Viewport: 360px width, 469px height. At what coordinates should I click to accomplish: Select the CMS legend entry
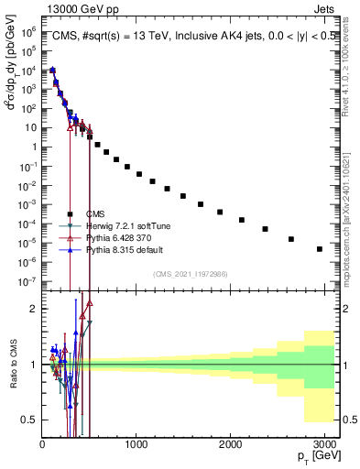coord(109,213)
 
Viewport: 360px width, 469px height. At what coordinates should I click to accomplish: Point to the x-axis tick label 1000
coord(136,444)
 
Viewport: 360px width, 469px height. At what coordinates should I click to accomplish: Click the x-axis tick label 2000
coord(229,444)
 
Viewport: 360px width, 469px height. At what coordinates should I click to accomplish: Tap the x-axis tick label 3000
coord(322,444)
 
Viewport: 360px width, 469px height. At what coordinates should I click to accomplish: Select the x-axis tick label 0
coord(42,444)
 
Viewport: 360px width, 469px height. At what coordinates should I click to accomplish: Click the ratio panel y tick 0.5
coord(28,420)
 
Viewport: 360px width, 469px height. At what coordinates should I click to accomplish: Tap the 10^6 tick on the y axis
coord(27,30)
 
